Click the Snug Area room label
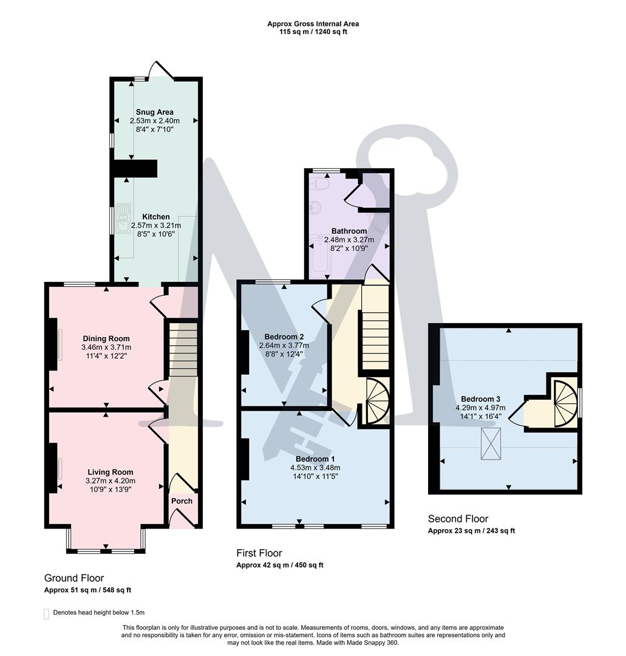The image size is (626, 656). tap(154, 112)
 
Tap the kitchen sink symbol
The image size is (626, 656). tap(123, 213)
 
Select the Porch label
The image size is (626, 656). tap(182, 501)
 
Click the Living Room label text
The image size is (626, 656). tap(110, 472)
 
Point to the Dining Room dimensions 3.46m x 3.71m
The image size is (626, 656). tap(106, 347)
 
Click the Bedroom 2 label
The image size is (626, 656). tap(284, 337)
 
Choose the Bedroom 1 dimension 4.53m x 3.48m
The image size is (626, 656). tap(315, 468)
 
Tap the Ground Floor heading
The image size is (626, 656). tap(74, 578)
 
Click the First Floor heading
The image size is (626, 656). tap(259, 553)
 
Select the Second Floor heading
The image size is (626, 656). tap(458, 519)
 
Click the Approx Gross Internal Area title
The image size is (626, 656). tap(313, 24)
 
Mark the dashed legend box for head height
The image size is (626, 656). tap(47, 613)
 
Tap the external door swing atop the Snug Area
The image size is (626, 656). tap(162, 70)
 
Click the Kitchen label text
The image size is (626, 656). tap(156, 217)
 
